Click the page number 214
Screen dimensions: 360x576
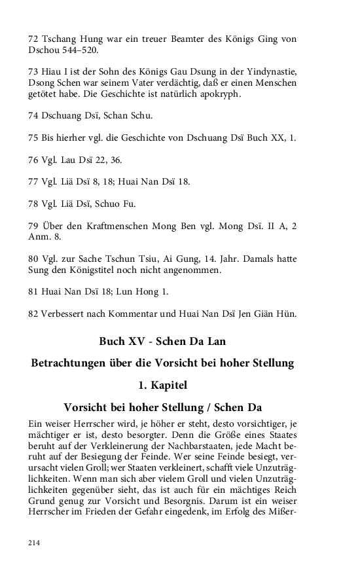coord(34,543)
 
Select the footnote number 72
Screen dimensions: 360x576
coord(34,39)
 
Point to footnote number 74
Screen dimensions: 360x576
coord(34,115)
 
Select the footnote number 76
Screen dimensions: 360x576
coord(34,160)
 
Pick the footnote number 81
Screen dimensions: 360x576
coord(34,292)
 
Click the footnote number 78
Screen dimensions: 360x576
coord(34,204)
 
